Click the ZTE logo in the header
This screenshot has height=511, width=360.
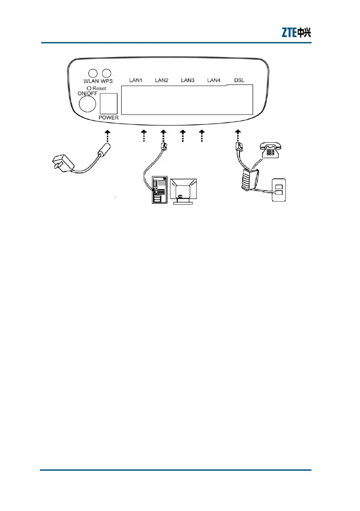coord(296,32)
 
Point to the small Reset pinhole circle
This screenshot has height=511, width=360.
coord(88,88)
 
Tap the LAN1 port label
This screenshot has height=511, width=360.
coord(136,80)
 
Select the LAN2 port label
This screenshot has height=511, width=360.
coord(162,80)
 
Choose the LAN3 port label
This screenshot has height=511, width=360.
coord(188,80)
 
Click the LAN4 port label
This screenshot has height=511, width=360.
coord(214,80)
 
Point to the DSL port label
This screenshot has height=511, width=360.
coord(239,80)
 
